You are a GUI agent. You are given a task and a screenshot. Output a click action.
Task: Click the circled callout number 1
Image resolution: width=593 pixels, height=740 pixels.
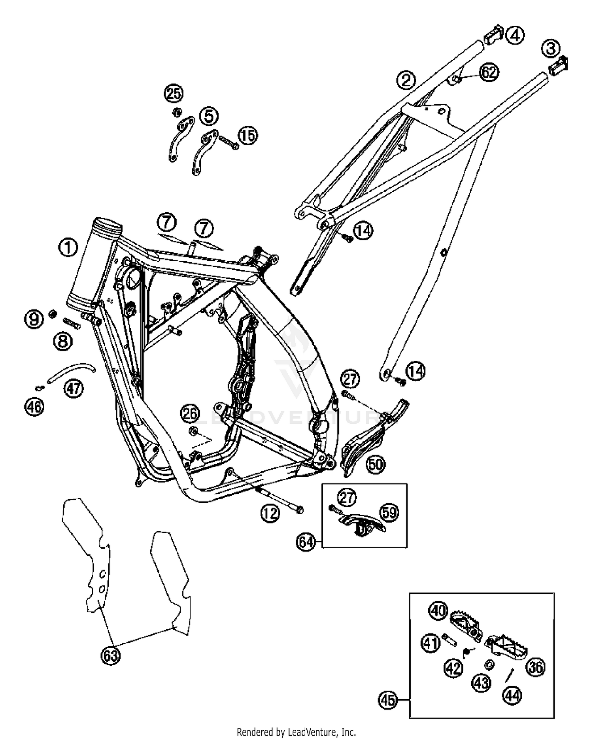point(68,248)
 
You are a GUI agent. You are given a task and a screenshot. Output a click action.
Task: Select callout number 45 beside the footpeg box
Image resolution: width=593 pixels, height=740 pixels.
point(388,700)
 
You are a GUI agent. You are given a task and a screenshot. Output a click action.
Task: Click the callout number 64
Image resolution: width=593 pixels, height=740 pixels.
point(307,542)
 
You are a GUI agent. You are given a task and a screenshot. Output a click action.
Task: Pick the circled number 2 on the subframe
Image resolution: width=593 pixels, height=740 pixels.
point(406,80)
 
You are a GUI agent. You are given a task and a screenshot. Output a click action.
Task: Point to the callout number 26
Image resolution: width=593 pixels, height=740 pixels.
point(190,414)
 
